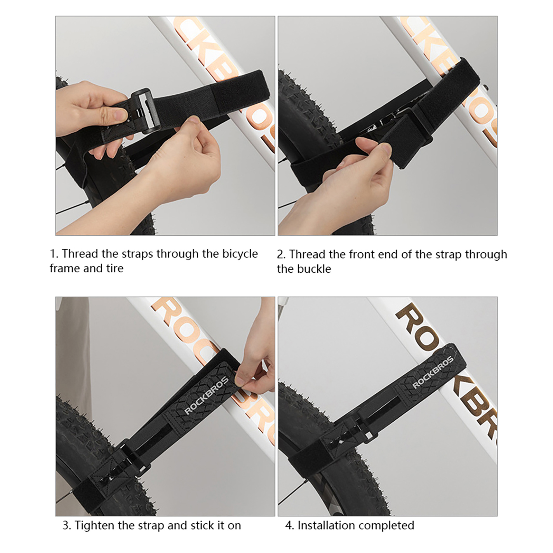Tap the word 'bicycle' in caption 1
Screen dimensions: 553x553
coord(240,254)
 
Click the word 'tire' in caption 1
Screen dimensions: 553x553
coord(115,269)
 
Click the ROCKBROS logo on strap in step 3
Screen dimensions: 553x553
coord(207,395)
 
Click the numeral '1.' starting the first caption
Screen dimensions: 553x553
coord(54,254)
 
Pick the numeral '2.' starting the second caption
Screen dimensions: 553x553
coord(281,255)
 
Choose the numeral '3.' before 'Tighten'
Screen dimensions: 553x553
coord(67,526)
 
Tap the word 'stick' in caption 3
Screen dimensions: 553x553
coord(202,526)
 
